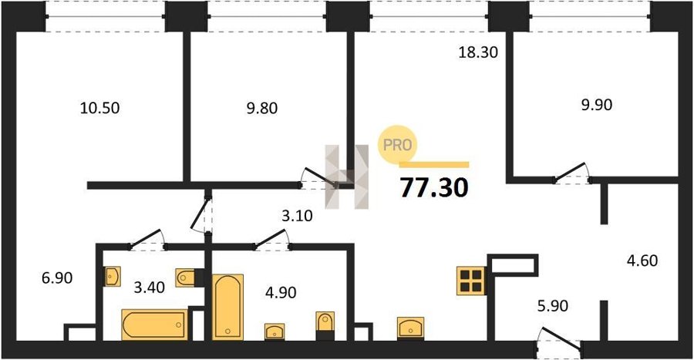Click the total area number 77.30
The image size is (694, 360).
tap(434, 187)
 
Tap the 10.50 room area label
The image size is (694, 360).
tap(100, 108)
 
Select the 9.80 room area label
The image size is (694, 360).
tap(262, 108)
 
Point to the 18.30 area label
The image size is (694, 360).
tap(478, 52)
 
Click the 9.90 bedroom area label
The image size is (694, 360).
tap(597, 105)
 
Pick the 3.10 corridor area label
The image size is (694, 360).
tap(297, 216)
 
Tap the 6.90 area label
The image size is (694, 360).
tap(57, 278)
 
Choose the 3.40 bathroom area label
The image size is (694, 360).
tap(149, 288)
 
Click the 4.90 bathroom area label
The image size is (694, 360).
tap(281, 292)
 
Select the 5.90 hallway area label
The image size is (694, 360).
tap(553, 305)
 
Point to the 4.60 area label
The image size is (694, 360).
tap(642, 261)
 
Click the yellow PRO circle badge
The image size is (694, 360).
tap(397, 145)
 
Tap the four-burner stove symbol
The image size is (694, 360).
tap(471, 281)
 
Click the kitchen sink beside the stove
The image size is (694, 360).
tap(410, 328)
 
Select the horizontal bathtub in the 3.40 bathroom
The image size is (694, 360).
tap(155, 325)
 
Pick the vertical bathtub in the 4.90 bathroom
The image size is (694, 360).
tap(228, 307)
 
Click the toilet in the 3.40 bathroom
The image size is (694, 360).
tap(187, 278)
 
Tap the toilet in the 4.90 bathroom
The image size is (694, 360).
tap(325, 325)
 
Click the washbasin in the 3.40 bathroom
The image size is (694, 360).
tap(112, 277)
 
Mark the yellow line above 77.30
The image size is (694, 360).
tap(434, 164)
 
